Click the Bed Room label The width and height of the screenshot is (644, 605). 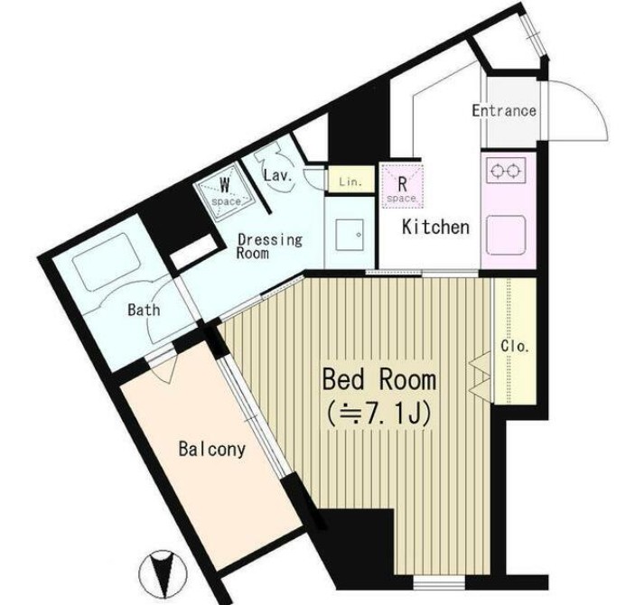pyautogui.click(x=378, y=379)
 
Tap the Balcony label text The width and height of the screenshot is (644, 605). pyautogui.click(x=212, y=449)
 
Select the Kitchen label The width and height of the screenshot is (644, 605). pyautogui.click(x=435, y=228)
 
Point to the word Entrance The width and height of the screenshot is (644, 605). pyautogui.click(x=504, y=111)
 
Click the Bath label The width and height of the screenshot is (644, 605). pyautogui.click(x=144, y=310)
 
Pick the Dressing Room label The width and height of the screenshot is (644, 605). pyautogui.click(x=269, y=246)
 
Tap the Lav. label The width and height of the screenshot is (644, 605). pyautogui.click(x=278, y=176)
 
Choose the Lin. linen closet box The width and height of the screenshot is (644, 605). pyautogui.click(x=351, y=179)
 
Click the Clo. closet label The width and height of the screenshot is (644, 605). pyautogui.click(x=515, y=347)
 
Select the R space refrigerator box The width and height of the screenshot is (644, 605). pyautogui.click(x=402, y=185)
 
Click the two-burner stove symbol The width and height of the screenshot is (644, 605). pyautogui.click(x=506, y=170)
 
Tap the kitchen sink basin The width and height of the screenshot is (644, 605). pyautogui.click(x=507, y=235)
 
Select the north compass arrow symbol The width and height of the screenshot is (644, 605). pyautogui.click(x=163, y=573)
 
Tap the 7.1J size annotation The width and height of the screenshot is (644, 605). pyautogui.click(x=378, y=414)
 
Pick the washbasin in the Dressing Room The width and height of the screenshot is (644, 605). pyautogui.click(x=350, y=235)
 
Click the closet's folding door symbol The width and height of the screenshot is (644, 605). pyautogui.click(x=481, y=374)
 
